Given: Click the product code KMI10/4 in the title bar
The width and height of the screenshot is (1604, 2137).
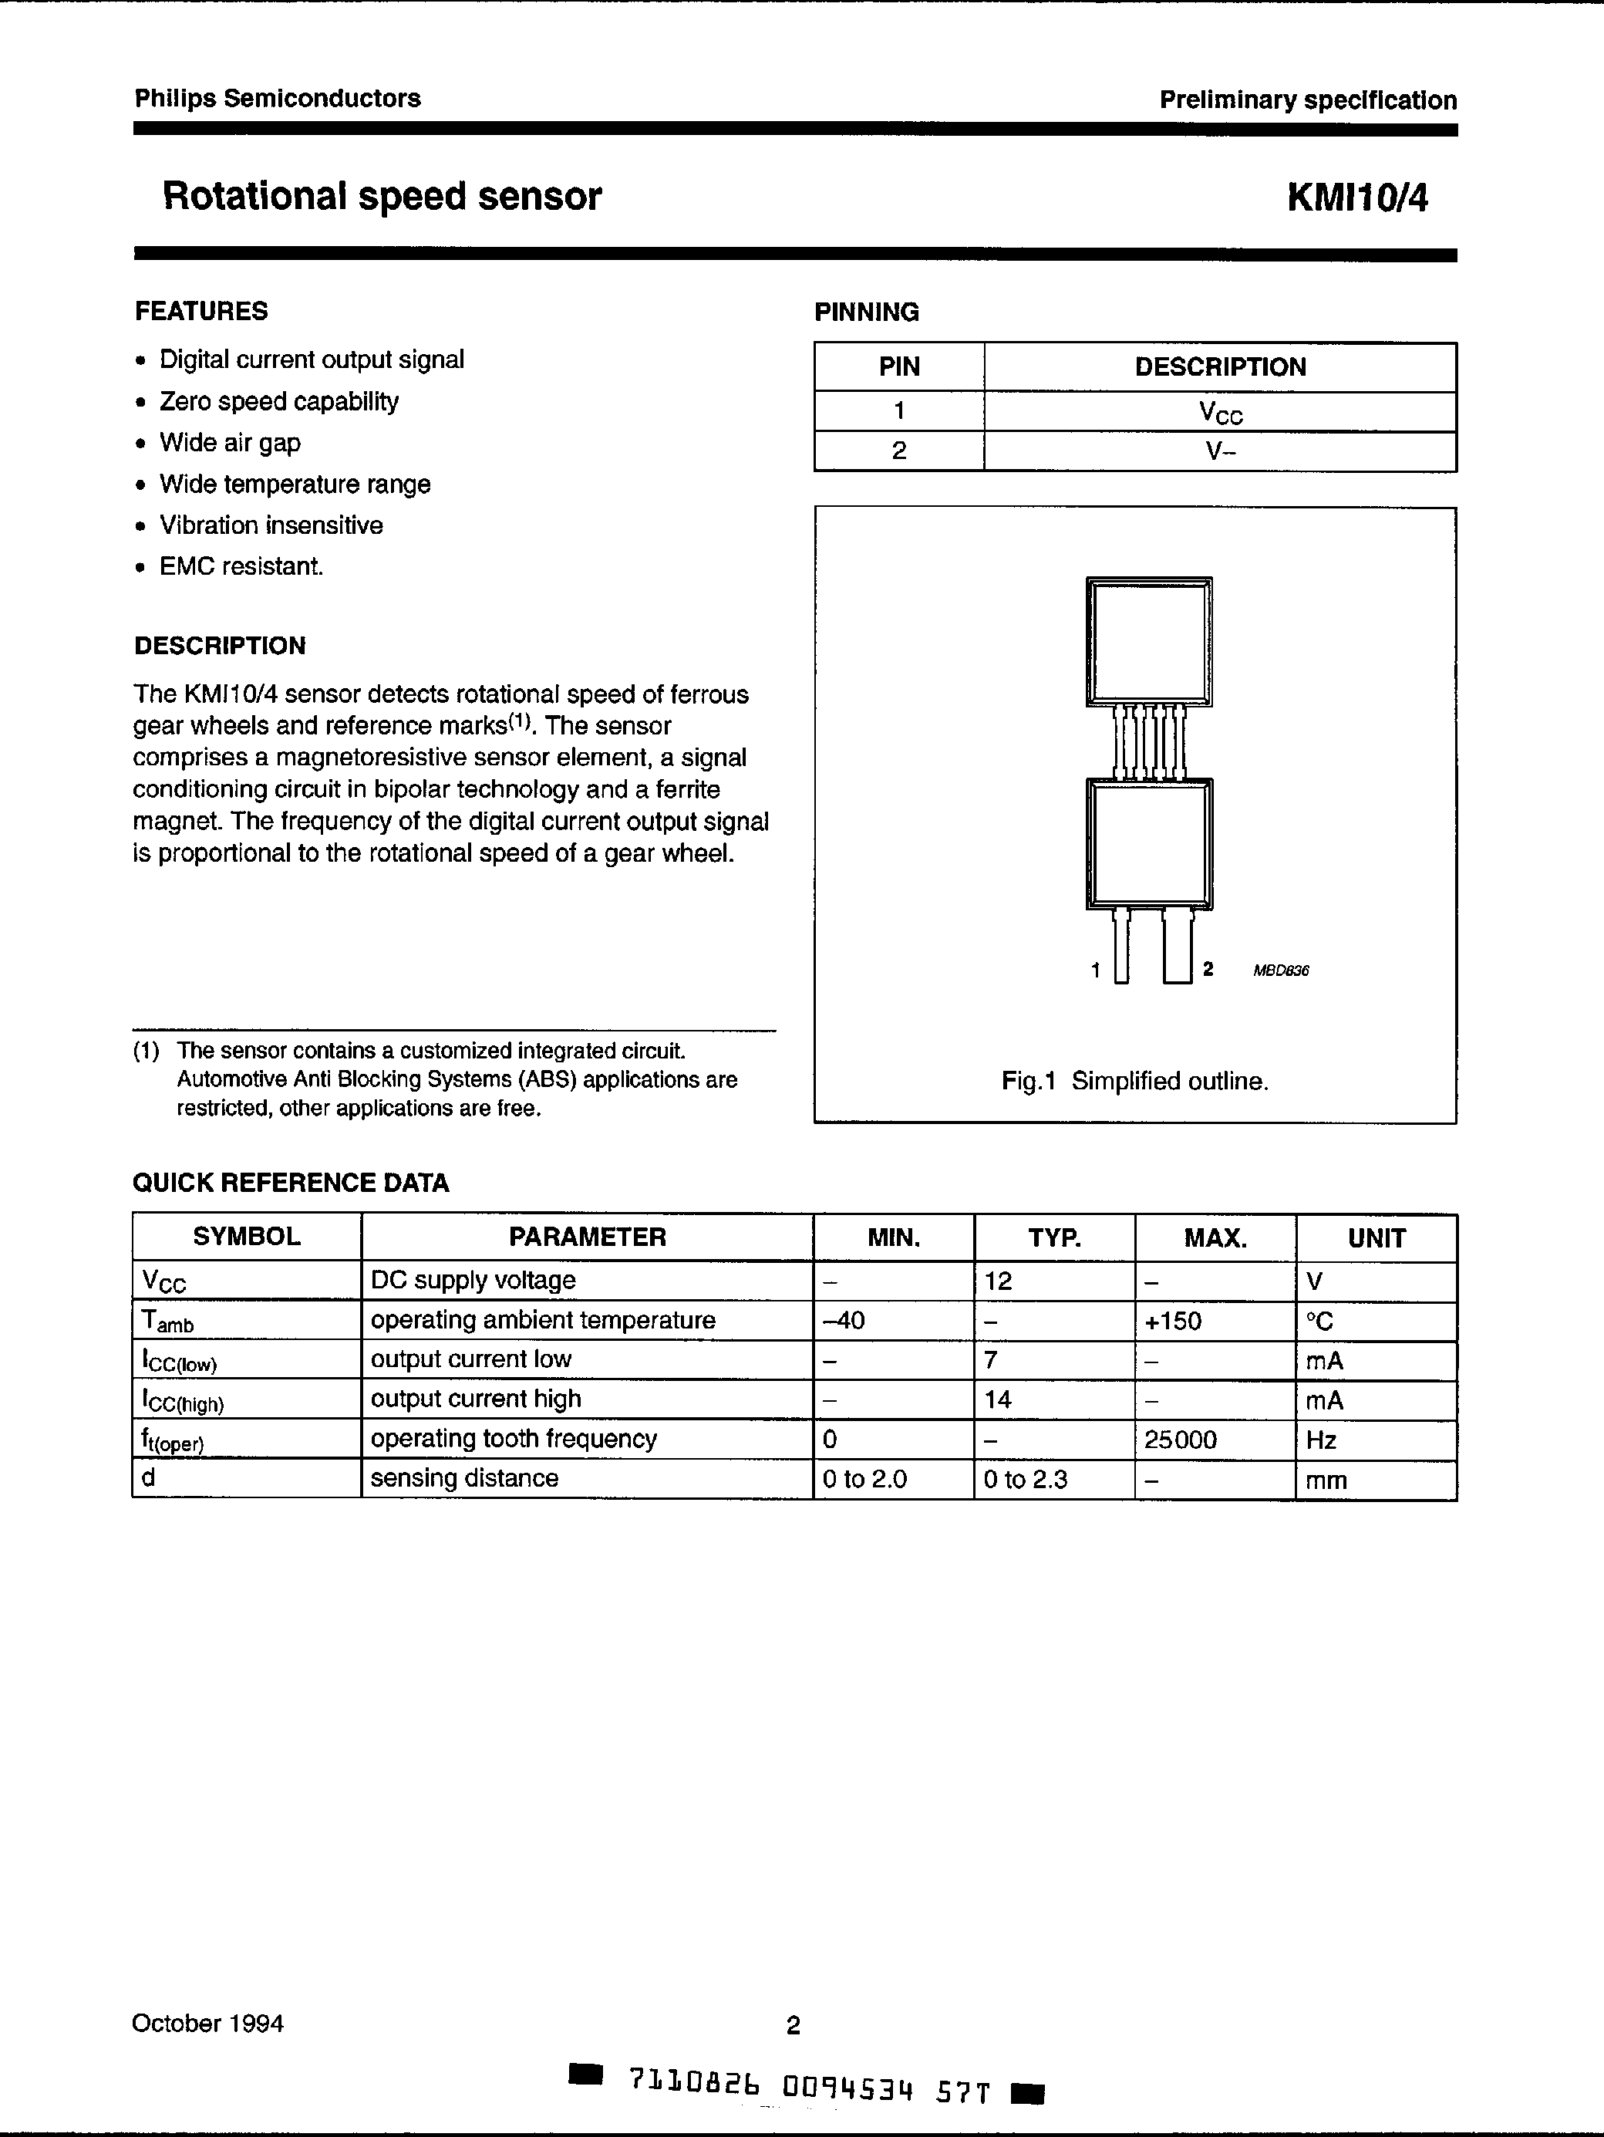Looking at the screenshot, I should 1356,197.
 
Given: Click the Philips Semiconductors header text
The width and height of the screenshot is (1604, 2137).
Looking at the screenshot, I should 277,99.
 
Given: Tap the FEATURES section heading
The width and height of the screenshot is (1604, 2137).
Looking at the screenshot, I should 200,311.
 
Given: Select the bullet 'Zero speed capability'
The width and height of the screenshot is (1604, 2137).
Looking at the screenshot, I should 278,401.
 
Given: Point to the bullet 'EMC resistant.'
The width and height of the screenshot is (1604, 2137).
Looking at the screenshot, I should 241,566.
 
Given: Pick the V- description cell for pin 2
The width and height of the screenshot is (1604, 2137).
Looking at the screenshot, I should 1220,451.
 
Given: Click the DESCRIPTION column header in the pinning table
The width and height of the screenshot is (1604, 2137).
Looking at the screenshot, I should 1220,367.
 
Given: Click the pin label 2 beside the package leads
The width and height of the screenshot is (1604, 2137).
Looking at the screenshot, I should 1207,969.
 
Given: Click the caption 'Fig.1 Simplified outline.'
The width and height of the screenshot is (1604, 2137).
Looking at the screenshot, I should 1134,1081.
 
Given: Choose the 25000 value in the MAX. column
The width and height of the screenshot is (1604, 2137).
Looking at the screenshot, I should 1180,1440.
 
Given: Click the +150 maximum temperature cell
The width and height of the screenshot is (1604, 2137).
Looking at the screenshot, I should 1172,1321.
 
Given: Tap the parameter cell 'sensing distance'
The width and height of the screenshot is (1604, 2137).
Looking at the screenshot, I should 464,1478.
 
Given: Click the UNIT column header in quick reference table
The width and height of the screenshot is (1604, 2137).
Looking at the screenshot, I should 1375,1237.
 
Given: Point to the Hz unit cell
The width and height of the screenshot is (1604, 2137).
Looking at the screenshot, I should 1321,1440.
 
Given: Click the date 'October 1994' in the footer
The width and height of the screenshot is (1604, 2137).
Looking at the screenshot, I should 207,2023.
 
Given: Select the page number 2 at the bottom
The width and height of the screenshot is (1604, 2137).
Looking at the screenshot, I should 793,2025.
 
